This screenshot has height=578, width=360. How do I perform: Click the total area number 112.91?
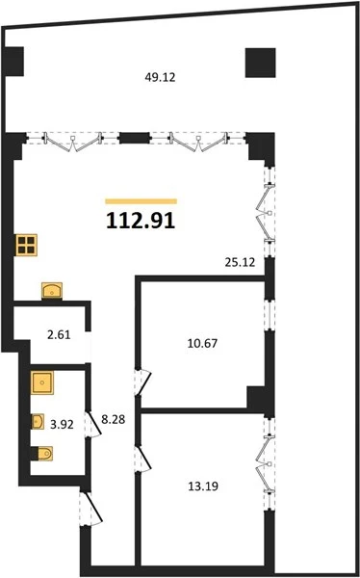pos(141,222)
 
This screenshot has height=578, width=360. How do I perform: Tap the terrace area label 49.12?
pos(160,77)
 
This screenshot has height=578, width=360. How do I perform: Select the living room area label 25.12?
pos(240,262)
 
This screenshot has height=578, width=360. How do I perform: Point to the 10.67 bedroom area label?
pos(202,344)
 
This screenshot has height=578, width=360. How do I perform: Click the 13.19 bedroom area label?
pos(203,486)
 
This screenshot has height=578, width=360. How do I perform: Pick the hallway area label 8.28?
pos(114,419)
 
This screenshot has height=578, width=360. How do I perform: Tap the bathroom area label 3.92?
pos(62,424)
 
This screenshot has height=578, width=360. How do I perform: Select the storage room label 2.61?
pos(59,335)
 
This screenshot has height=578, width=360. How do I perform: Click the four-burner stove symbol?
pos(27,245)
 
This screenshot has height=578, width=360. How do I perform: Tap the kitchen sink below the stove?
pos(52,291)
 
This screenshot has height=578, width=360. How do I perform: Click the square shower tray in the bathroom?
pos(42,382)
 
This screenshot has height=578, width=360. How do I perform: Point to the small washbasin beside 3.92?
pos(38,421)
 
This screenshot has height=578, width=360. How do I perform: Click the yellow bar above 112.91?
pos(141,201)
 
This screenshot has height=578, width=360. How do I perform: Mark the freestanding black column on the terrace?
pos(261,63)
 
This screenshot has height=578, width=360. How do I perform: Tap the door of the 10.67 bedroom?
pos(143,381)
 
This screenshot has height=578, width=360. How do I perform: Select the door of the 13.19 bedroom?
pos(143,459)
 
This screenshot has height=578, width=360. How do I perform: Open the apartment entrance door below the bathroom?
pos(91,509)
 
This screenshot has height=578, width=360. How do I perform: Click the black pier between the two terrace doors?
pos(134,138)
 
